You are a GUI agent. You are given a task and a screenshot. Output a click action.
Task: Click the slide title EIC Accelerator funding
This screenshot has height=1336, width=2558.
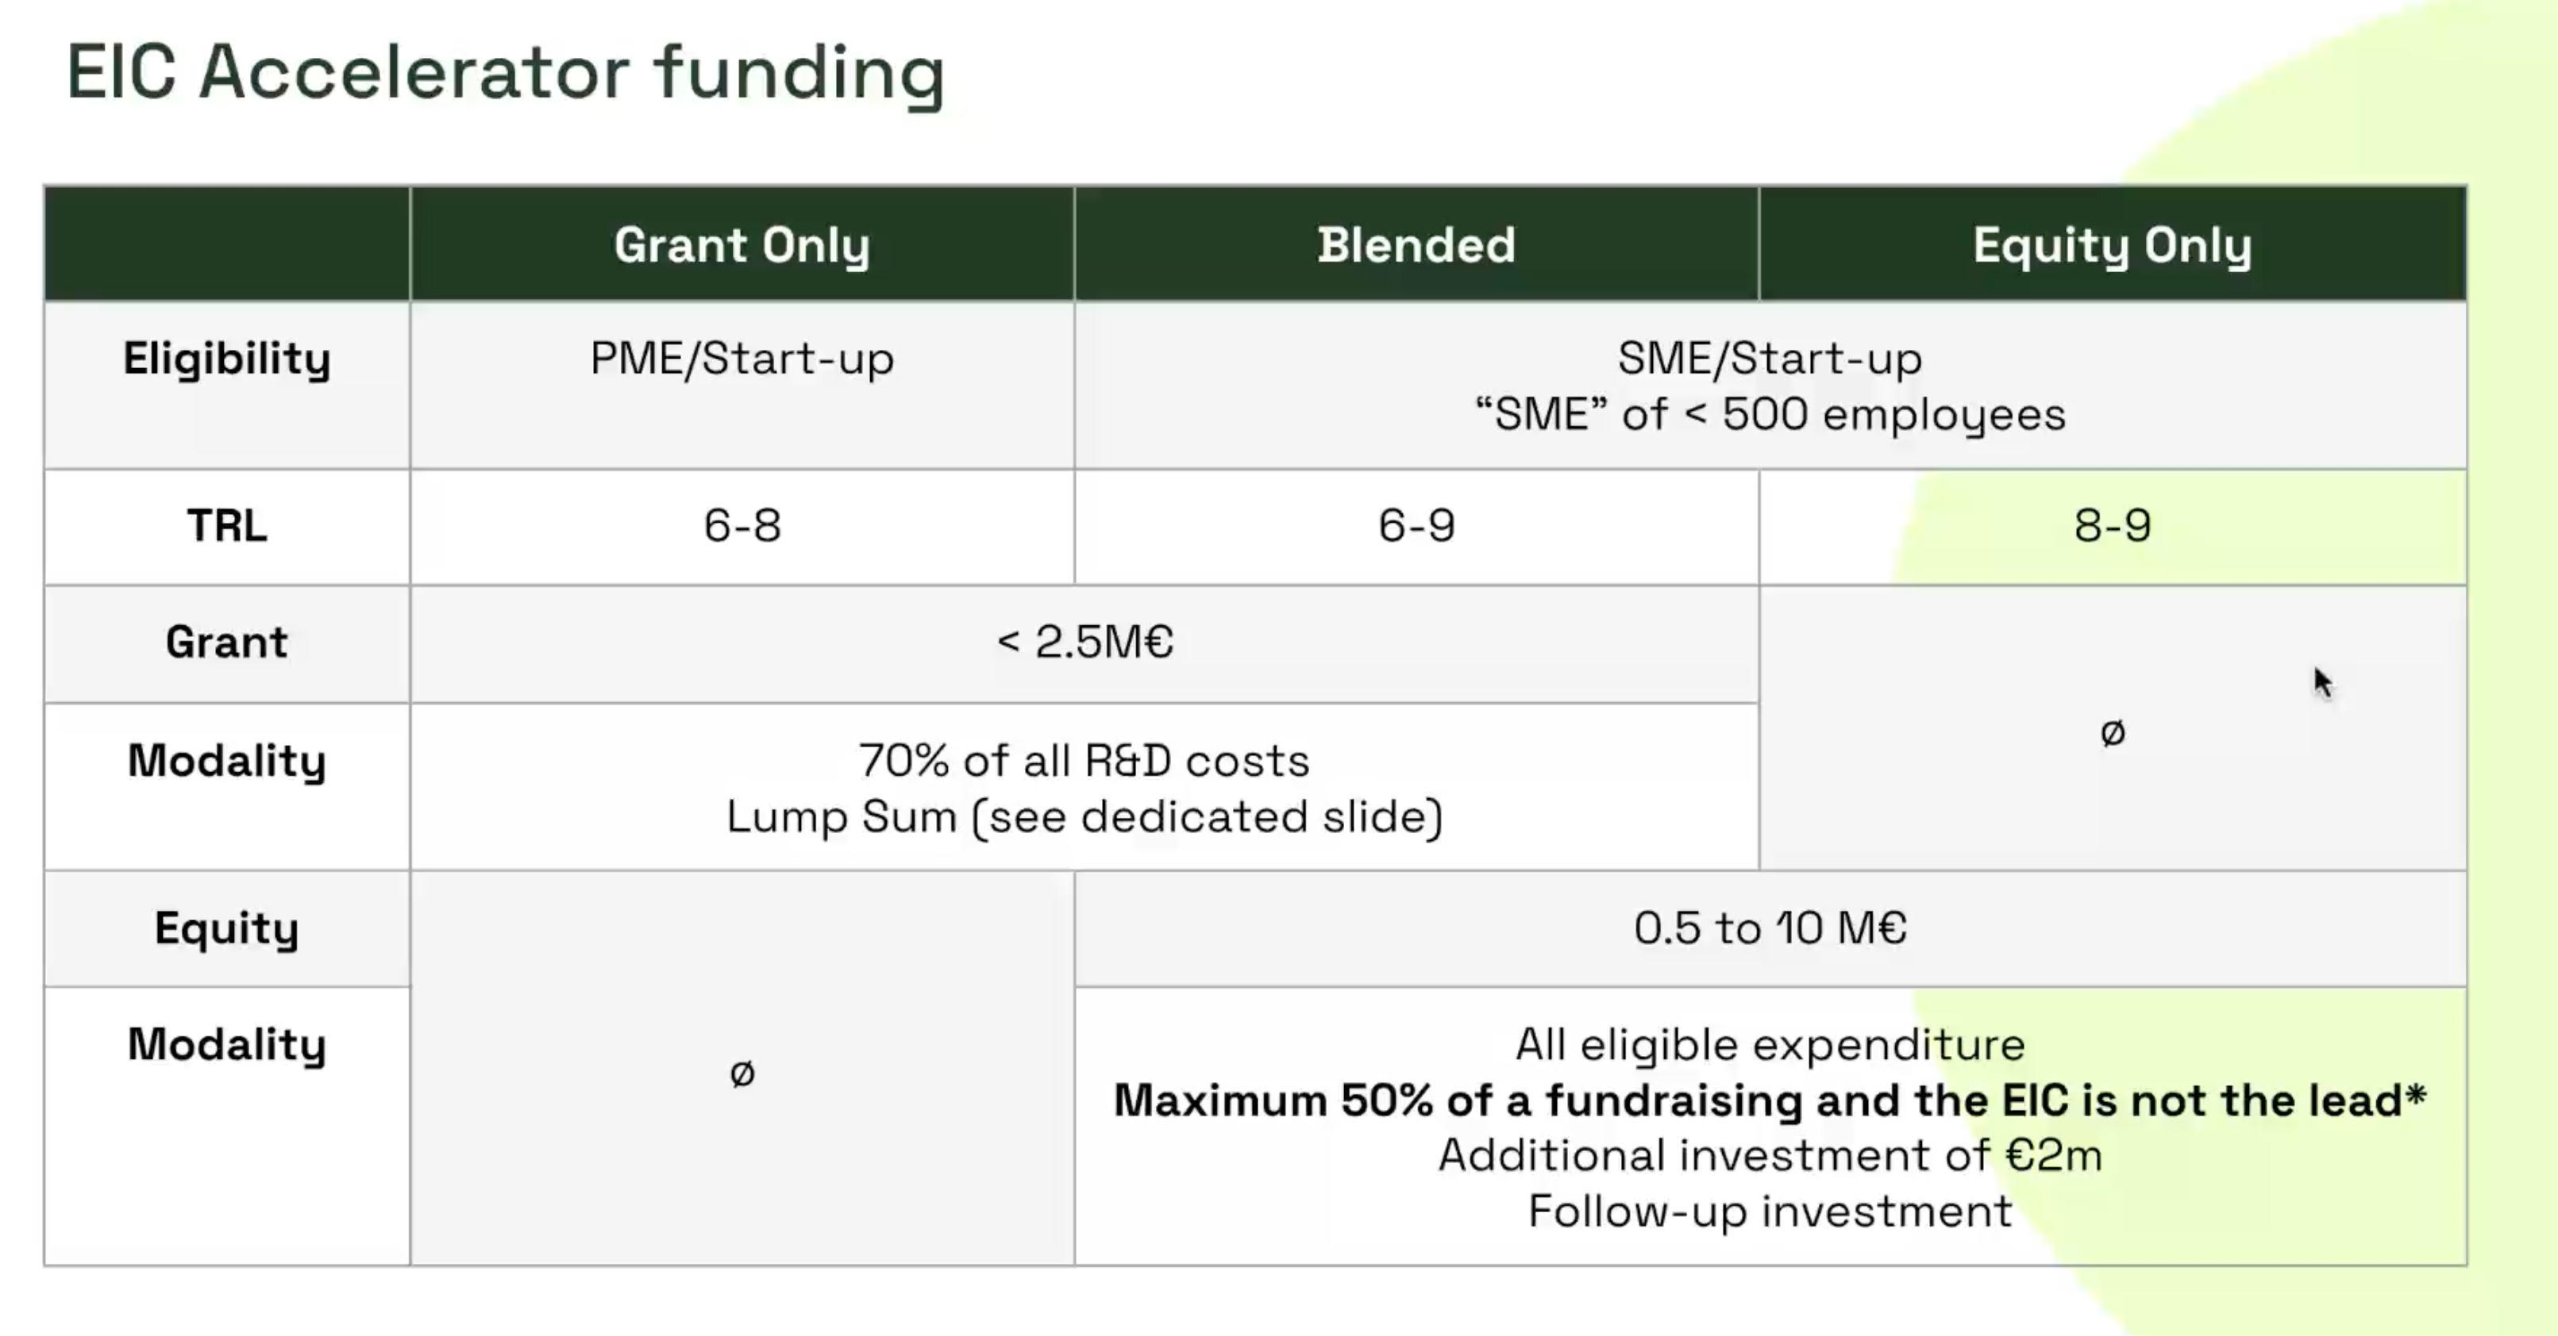point(506,74)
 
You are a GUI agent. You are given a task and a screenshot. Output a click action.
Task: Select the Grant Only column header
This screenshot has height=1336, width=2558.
point(742,245)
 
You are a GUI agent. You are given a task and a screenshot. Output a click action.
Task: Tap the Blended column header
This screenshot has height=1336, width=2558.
point(1416,244)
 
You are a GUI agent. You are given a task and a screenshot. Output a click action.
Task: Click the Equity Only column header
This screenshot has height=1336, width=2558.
point(2112,245)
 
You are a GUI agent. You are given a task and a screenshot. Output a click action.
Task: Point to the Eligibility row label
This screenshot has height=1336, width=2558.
point(226,359)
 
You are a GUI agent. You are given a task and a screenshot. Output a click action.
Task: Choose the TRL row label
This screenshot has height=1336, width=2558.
point(226,525)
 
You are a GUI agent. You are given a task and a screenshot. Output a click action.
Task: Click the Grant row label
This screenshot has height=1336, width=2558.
point(226,641)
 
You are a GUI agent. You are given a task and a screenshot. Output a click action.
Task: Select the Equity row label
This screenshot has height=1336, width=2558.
point(226,928)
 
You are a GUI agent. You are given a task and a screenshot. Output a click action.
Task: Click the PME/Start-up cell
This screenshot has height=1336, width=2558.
point(742,359)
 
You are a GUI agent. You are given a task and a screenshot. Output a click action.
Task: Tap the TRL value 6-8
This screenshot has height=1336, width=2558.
point(742,525)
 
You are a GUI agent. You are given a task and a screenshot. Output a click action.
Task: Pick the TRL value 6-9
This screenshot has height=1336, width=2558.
point(1416,525)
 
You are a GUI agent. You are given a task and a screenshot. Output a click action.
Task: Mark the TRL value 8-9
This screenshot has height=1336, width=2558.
point(2112,525)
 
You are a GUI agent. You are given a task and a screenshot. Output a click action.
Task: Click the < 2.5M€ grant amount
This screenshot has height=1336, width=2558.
point(1084,641)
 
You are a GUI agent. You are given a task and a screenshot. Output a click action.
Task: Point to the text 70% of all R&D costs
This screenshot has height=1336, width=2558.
point(1084,760)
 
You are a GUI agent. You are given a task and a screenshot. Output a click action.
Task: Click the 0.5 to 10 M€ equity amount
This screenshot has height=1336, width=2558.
point(1770,928)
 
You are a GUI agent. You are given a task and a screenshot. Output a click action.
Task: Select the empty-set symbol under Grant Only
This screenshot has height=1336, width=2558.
point(742,1073)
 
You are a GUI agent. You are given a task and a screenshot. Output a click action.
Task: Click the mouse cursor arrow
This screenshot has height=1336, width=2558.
point(2323,683)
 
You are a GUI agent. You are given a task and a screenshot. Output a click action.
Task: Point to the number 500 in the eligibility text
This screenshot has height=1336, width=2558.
point(1766,414)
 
